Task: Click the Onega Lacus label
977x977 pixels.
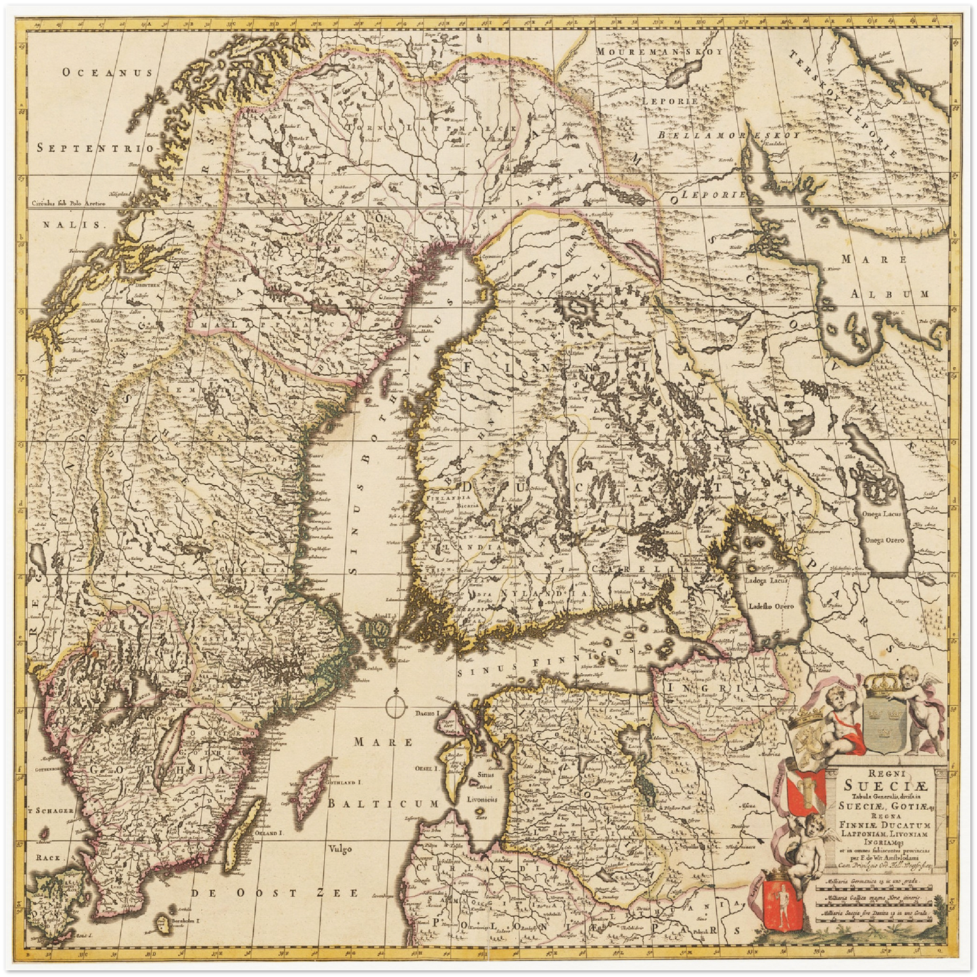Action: pos(886,516)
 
